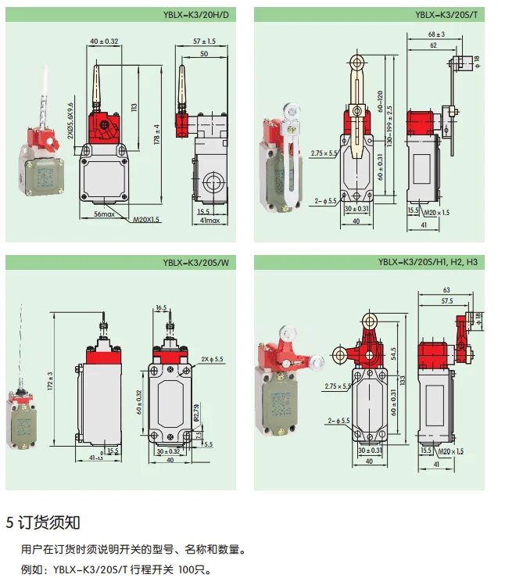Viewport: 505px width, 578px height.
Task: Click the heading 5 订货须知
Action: coord(43,522)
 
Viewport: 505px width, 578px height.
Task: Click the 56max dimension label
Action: coord(105,214)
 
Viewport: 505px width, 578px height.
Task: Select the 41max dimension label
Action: coord(208,221)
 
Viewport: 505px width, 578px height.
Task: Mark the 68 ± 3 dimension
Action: coord(436,34)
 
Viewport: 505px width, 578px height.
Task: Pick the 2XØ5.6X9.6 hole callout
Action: coord(70,121)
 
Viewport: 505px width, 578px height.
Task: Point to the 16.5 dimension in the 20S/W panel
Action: coord(161,308)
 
